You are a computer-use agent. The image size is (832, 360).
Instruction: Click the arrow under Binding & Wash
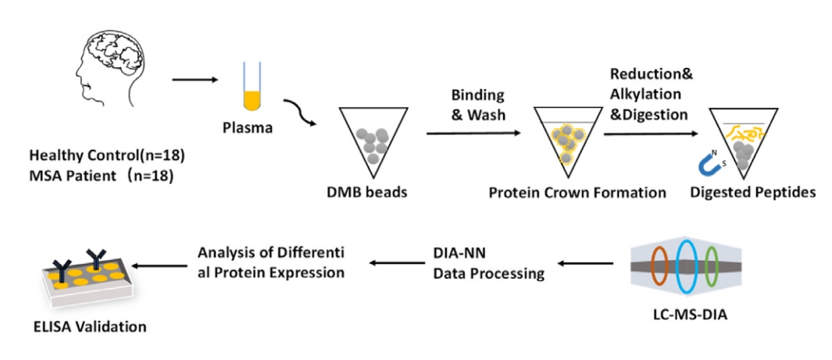pos(473,134)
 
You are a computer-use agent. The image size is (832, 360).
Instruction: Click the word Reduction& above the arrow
pos(652,75)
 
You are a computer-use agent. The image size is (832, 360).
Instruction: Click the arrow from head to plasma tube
pos(195,79)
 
